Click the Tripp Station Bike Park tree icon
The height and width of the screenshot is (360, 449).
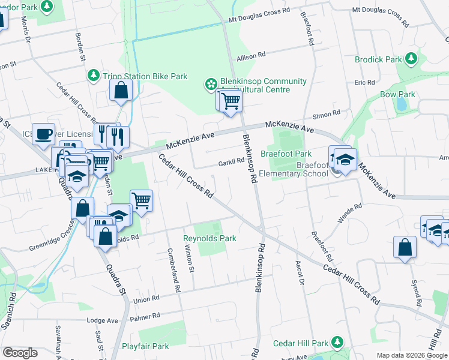(94, 76)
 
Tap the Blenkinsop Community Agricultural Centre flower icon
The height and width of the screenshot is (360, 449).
(210, 85)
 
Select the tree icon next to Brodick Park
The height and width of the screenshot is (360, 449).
(411, 59)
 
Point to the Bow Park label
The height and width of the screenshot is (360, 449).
(397, 94)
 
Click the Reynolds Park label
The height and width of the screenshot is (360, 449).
(209, 238)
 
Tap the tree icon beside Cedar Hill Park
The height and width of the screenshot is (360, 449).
(338, 342)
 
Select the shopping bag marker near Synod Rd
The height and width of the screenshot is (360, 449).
(405, 247)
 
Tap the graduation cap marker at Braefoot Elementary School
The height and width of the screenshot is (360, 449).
(345, 159)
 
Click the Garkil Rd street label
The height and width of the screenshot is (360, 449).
(232, 161)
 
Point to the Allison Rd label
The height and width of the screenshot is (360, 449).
(251, 56)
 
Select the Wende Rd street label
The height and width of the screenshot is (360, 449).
(349, 212)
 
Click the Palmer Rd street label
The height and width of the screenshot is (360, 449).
(148, 315)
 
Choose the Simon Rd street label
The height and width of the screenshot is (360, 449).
(329, 112)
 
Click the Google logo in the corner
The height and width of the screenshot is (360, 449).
(20, 353)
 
